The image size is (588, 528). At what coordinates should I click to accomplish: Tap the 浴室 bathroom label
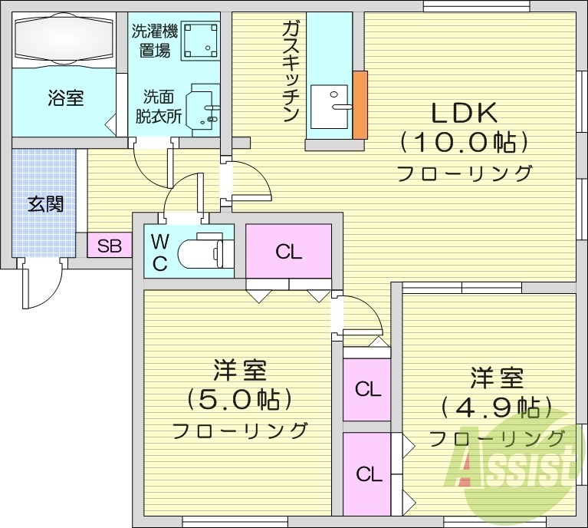(x=65, y=98)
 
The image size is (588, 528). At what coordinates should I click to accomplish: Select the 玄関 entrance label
(x=45, y=204)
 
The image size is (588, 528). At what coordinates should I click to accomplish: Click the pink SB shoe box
(x=110, y=246)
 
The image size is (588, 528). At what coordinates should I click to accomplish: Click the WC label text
(x=159, y=252)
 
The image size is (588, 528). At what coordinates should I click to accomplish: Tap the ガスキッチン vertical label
(x=290, y=71)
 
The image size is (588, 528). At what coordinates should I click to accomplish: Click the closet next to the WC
(x=288, y=251)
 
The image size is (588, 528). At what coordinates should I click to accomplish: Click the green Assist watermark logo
(x=521, y=461)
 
